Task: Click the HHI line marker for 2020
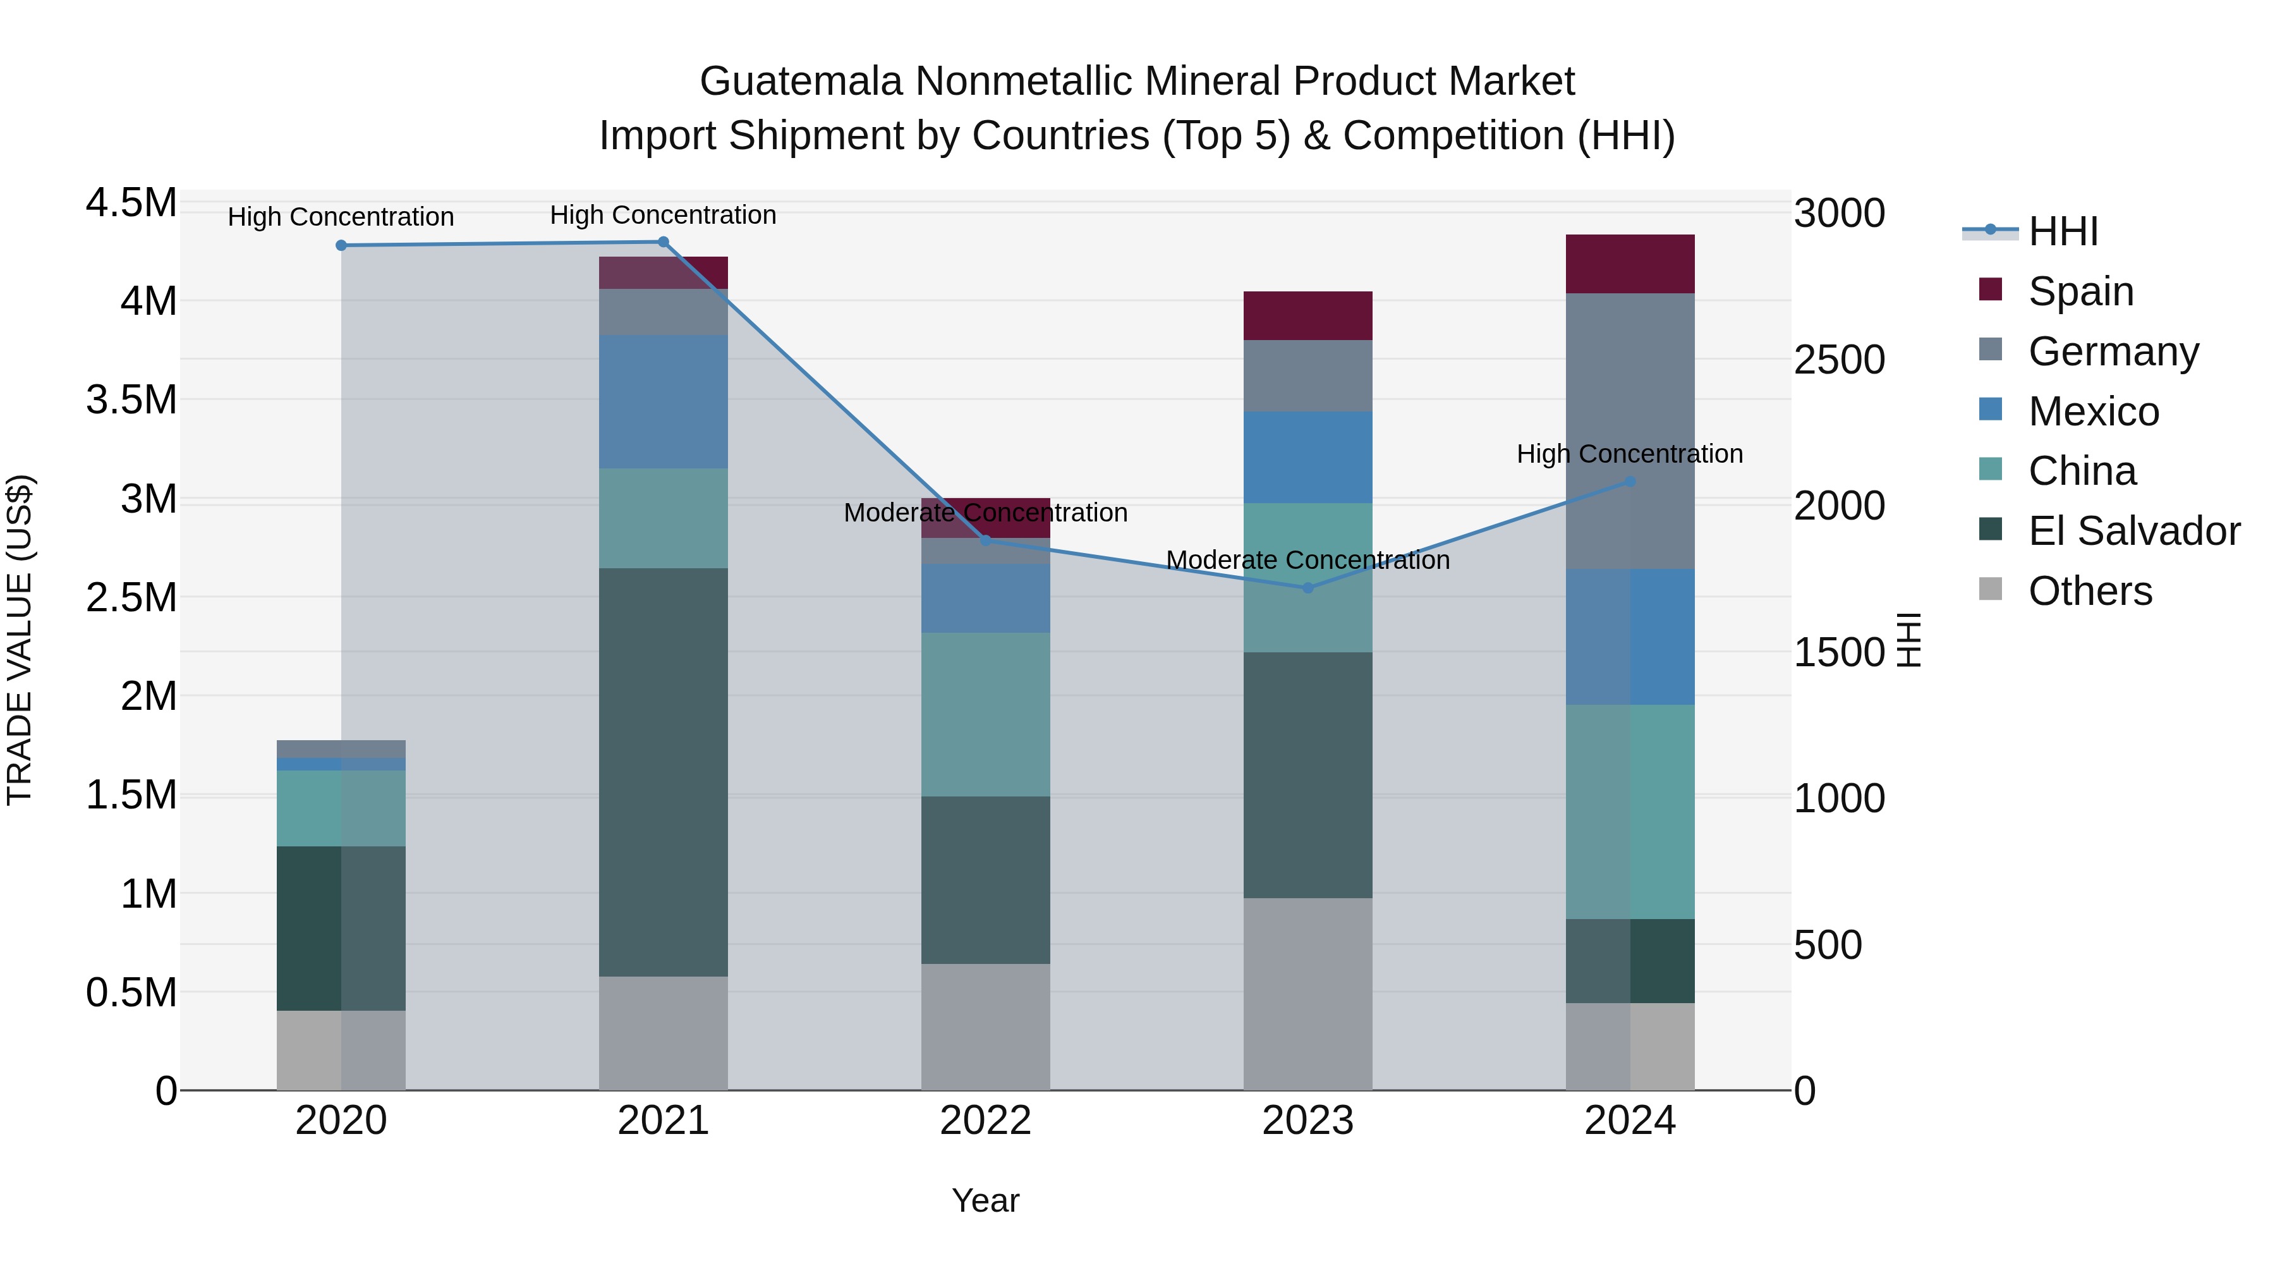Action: tap(341, 246)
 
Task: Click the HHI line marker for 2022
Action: tap(986, 540)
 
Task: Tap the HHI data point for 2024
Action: tap(1630, 482)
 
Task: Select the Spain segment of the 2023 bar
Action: tap(1308, 315)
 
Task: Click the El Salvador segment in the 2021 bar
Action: tap(664, 771)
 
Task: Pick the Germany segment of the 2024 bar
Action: tap(1630, 430)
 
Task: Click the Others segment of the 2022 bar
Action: tap(986, 1027)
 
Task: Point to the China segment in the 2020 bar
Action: tap(341, 808)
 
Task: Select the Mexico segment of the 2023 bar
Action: tap(1308, 457)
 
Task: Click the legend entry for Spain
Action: tap(2081, 291)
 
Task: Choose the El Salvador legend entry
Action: tap(2133, 531)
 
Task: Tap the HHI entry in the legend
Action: tap(2063, 231)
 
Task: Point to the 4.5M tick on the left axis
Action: tap(131, 203)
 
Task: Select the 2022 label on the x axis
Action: tap(986, 1121)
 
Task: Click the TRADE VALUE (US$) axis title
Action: tap(20, 640)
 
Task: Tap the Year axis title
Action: tap(986, 1200)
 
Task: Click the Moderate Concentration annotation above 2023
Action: tap(1308, 560)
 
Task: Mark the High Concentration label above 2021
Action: tap(664, 215)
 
